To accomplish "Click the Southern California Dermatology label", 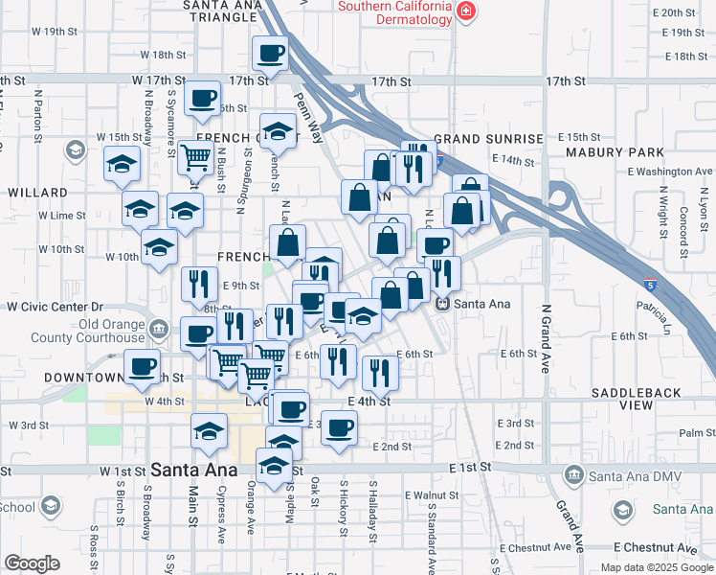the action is click(x=393, y=13).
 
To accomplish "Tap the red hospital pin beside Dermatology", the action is click(x=465, y=11).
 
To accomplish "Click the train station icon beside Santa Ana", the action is click(x=442, y=304).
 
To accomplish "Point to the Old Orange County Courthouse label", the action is click(x=87, y=331).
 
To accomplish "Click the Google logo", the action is click(x=32, y=563).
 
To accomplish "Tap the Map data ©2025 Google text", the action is click(x=657, y=567).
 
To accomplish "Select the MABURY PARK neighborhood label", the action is click(x=628, y=152).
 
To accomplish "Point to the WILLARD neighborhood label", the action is click(x=37, y=192).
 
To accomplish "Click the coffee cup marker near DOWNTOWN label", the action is click(x=143, y=366).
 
